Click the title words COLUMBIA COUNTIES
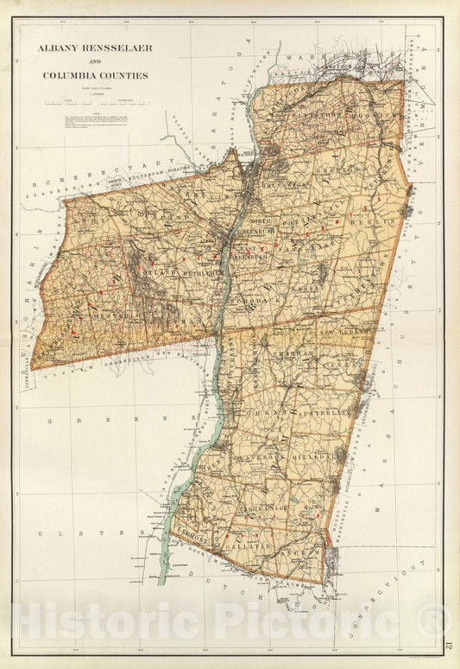95,75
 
